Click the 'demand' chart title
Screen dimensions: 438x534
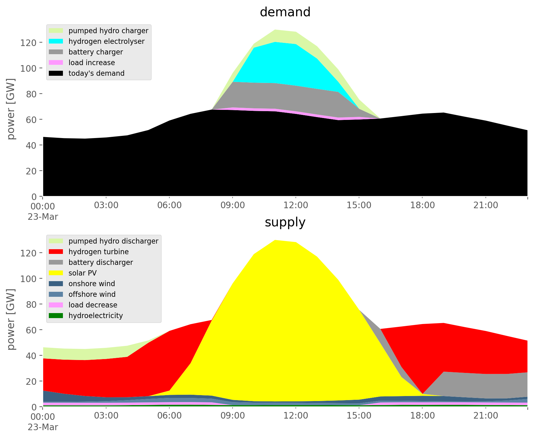[285, 12]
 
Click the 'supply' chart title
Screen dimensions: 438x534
[285, 222]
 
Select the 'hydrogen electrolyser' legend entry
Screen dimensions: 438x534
[106, 41]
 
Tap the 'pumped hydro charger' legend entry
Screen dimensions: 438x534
[108, 31]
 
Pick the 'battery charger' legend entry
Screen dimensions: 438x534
[95, 52]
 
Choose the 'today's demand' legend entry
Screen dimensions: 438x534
[96, 73]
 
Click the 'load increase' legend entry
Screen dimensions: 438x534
[92, 63]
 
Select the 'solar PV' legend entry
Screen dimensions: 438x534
[83, 273]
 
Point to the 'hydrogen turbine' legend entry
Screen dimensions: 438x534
[99, 252]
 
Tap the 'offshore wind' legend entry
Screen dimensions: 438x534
[92, 294]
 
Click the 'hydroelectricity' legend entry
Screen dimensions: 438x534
[95, 316]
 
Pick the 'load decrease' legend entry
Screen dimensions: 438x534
[93, 305]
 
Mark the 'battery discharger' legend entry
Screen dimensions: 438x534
[100, 262]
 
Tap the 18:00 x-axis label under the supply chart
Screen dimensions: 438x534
[422, 416]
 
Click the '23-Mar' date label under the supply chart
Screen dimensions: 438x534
[43, 427]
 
